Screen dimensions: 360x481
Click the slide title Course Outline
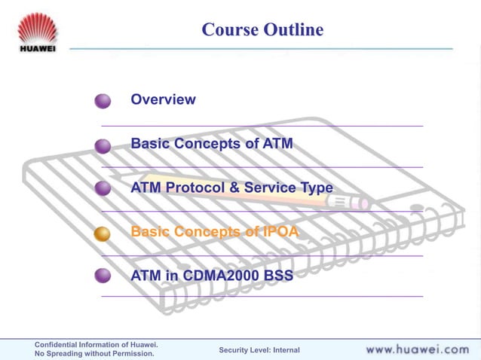click(x=262, y=29)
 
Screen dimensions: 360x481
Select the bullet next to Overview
click(x=103, y=101)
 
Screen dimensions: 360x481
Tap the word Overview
click(x=163, y=99)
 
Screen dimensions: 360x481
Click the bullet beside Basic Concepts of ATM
click(x=103, y=145)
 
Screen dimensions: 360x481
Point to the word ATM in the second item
click(x=276, y=143)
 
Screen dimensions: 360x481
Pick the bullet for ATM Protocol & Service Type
click(x=103, y=189)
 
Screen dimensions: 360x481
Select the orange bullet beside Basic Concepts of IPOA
click(x=103, y=233)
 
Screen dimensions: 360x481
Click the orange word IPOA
click(x=280, y=232)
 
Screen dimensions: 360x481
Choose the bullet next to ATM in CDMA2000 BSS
click(x=103, y=276)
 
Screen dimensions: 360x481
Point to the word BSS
click(x=278, y=276)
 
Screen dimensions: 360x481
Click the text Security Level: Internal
click(x=259, y=350)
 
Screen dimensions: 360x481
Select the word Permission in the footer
click(x=127, y=354)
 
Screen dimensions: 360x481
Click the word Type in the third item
click(x=315, y=188)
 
